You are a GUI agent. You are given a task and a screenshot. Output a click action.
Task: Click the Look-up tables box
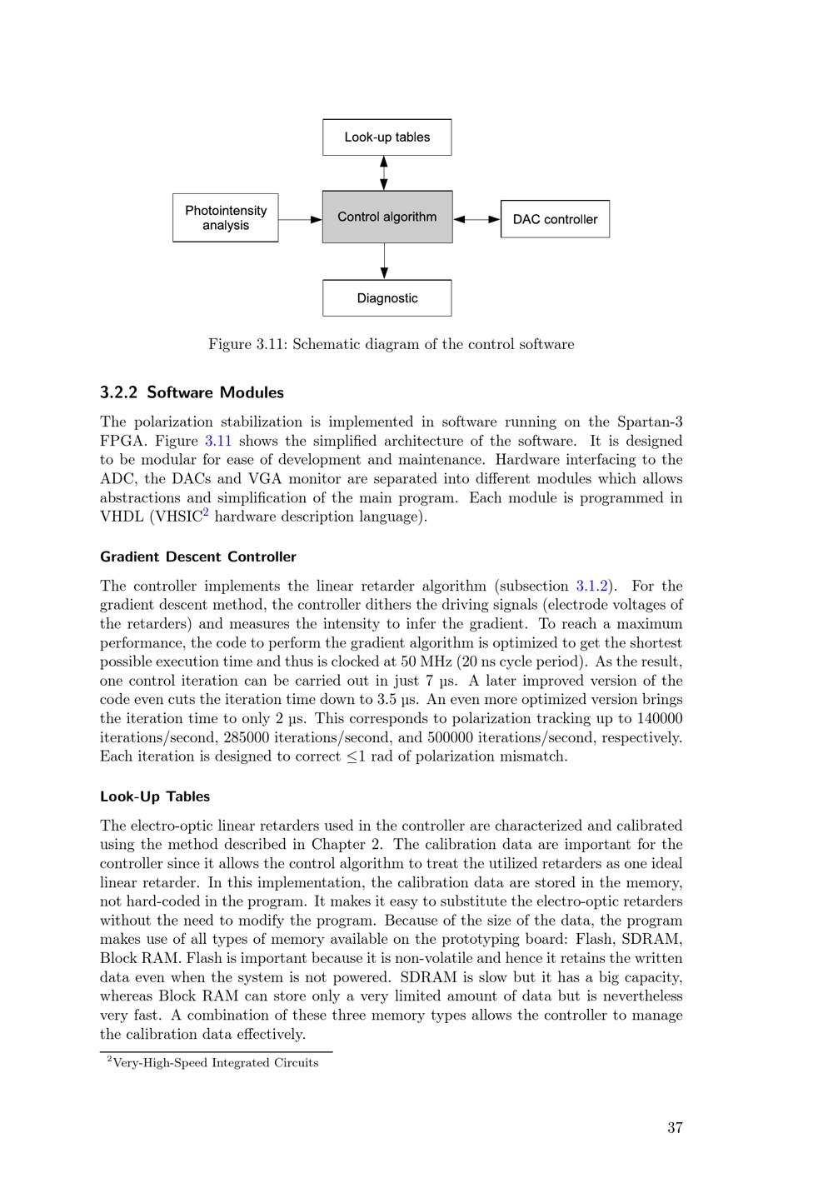click(387, 137)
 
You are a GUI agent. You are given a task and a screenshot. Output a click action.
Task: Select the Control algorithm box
click(387, 217)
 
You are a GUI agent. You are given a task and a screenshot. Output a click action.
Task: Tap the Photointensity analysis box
click(226, 218)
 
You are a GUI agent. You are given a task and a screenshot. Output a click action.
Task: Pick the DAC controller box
click(555, 219)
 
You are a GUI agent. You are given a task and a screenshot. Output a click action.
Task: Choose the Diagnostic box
click(387, 298)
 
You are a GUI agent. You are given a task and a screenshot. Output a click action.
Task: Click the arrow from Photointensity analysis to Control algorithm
click(300, 219)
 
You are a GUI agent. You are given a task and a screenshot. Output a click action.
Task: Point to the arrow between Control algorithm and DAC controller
click(476, 219)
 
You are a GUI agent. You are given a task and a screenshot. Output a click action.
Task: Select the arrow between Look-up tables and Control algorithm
click(384, 172)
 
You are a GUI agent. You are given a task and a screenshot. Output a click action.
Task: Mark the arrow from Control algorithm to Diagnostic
click(384, 261)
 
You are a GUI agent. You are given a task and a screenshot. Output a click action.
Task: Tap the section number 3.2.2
click(119, 392)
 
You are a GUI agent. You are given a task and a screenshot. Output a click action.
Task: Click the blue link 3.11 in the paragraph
click(217, 441)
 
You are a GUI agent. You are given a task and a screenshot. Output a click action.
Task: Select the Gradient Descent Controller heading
click(197, 557)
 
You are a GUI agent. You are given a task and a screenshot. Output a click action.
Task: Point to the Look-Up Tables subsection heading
click(155, 796)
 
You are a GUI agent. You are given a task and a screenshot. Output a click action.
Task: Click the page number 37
click(675, 1128)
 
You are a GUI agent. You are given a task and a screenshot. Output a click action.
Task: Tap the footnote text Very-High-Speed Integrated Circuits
click(215, 1063)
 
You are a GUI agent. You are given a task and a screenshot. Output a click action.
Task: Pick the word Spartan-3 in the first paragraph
click(650, 422)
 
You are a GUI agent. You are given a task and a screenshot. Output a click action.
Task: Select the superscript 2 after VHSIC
click(206, 512)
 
